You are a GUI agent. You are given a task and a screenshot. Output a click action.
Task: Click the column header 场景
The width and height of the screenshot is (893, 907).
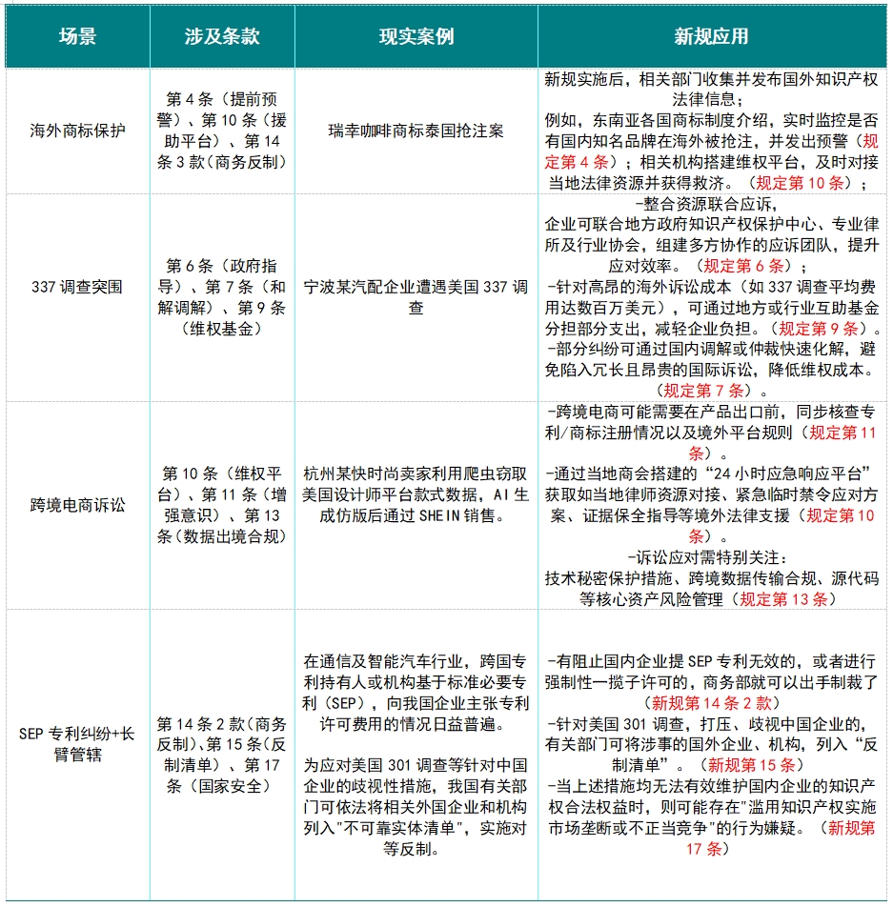77,37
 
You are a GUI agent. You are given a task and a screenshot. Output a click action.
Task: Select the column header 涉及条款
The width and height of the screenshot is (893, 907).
222,37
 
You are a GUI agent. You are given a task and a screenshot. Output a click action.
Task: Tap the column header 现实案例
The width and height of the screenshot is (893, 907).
416,37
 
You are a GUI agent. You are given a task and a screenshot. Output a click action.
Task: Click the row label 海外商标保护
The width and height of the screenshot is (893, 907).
77,131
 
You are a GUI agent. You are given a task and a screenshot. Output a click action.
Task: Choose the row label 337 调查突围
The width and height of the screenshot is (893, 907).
77,286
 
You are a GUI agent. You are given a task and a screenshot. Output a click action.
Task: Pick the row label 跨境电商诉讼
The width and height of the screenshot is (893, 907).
77,504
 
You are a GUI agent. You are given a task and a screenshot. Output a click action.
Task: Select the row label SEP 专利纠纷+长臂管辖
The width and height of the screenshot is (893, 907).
77,744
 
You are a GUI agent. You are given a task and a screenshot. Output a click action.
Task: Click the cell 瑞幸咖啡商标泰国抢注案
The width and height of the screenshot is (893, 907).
416,131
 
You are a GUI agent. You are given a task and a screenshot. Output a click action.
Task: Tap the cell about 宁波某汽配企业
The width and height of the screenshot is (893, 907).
416,296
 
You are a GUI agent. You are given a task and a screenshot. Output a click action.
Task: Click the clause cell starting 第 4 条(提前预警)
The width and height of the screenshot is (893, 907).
222,131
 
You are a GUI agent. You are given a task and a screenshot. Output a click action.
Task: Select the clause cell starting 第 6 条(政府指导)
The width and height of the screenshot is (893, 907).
222,295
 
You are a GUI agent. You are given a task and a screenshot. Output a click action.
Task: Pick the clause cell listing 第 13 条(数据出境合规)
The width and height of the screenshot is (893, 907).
222,504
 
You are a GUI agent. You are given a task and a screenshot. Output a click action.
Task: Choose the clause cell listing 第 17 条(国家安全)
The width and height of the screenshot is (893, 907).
222,755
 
